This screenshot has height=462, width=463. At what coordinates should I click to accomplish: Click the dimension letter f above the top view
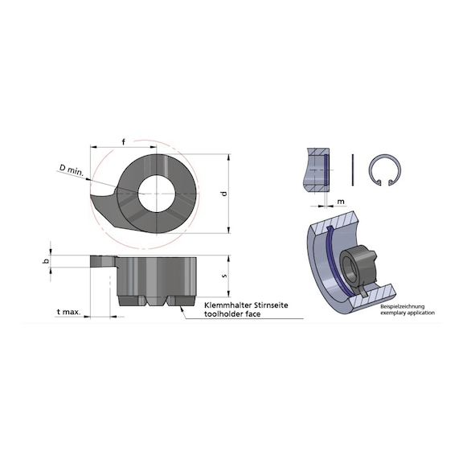(x=124, y=142)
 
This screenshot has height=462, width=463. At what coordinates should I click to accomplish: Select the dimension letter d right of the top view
(x=224, y=194)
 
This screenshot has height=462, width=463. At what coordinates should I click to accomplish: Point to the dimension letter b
(x=46, y=261)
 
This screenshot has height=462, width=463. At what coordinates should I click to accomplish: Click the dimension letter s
(x=224, y=276)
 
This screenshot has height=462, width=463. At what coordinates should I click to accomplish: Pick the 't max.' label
(x=68, y=312)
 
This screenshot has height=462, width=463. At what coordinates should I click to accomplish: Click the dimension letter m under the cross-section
(x=341, y=202)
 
